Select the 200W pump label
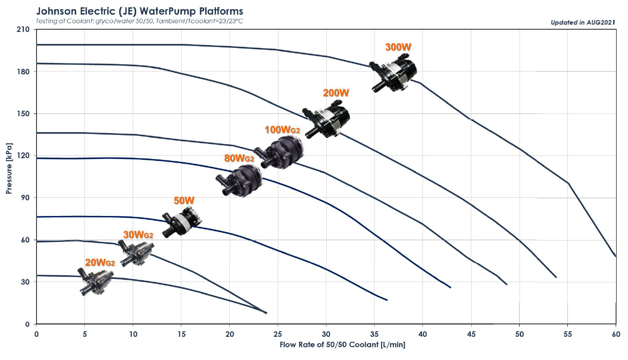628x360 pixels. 336,93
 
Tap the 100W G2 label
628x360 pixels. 282,130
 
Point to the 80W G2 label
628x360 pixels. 239,159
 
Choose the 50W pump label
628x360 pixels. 184,201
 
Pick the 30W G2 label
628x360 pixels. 138,235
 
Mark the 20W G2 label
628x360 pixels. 100,262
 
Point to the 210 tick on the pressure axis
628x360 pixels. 24,30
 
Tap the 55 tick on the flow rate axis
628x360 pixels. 568,334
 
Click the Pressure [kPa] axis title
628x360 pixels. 9,168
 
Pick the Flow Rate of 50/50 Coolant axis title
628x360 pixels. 342,345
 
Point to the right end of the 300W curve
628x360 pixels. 616,256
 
